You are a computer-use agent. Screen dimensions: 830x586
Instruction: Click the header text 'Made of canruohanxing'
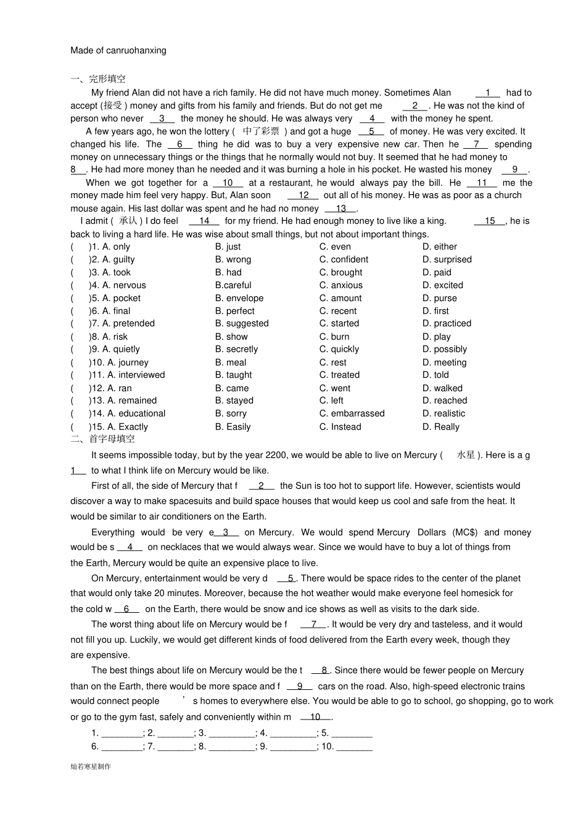pyautogui.click(x=118, y=51)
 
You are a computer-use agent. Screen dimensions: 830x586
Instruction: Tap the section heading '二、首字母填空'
pyautogui.click(x=102, y=439)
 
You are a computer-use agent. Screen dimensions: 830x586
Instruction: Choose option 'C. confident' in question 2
pyautogui.click(x=344, y=260)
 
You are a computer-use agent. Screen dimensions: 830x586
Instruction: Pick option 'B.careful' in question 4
pyautogui.click(x=233, y=285)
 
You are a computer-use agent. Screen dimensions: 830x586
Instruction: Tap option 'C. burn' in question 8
pyautogui.click(x=334, y=337)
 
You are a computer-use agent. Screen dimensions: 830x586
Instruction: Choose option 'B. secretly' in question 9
pyautogui.click(x=236, y=349)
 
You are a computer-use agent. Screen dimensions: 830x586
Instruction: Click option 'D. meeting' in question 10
pyautogui.click(x=444, y=363)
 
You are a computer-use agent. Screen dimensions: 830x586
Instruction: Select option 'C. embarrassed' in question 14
pyautogui.click(x=352, y=413)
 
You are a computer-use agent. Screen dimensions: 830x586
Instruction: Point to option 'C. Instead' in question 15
pyautogui.click(x=340, y=427)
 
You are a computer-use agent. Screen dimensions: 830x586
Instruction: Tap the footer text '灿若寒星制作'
pyautogui.click(x=91, y=766)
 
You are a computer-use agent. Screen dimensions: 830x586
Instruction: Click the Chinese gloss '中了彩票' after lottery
pyautogui.click(x=261, y=131)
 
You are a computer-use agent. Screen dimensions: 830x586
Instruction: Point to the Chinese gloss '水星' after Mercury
pyautogui.click(x=466, y=455)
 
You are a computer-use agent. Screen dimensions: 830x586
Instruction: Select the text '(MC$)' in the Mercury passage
pyautogui.click(x=464, y=533)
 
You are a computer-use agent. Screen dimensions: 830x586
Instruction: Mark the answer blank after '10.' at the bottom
pyautogui.click(x=354, y=747)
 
